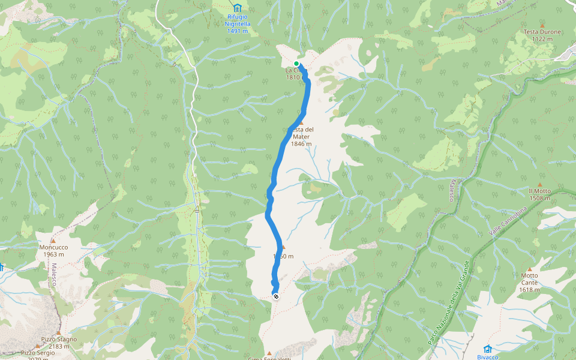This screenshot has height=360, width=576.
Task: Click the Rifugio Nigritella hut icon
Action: [238, 8]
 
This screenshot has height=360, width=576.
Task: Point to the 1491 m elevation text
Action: [238, 31]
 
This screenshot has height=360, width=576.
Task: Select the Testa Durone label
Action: [542, 32]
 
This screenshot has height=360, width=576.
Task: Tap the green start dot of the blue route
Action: [296, 64]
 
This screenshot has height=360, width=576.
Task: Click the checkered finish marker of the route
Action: [275, 296]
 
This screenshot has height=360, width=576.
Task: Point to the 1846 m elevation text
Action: [301, 144]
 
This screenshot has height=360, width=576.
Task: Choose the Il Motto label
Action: [539, 191]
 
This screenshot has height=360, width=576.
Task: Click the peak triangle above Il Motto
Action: [539, 184]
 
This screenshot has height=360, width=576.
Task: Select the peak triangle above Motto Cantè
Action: [529, 269]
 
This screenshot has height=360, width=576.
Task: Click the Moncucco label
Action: [53, 247]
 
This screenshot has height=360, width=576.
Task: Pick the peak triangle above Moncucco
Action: [53, 241]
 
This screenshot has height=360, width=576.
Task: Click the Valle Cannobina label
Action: [502, 221]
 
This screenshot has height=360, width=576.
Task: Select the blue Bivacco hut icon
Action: [488, 349]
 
